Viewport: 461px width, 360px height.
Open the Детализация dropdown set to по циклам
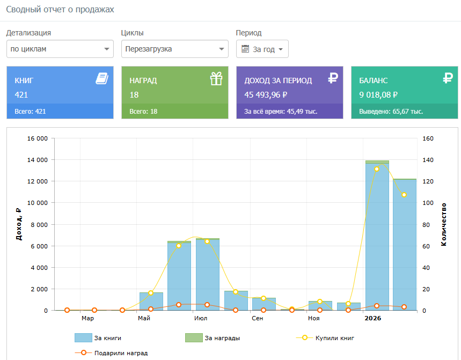[x=60, y=49]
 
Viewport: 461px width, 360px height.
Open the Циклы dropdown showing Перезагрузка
[x=175, y=49]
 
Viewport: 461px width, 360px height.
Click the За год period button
[x=262, y=49]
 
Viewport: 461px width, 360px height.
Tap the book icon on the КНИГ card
[x=102, y=79]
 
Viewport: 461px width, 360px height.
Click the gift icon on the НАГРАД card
[x=216, y=79]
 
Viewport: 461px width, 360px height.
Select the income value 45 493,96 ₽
[x=266, y=95]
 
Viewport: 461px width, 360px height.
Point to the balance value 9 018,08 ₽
[x=378, y=95]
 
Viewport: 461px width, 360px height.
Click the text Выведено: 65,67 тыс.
[x=391, y=112]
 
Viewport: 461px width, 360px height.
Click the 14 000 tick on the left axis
[x=38, y=160]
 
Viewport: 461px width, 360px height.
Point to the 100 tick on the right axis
[x=428, y=203]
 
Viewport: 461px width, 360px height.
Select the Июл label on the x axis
[x=201, y=318]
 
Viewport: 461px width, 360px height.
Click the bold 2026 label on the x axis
[x=373, y=318]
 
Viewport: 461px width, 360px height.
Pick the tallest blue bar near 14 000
[x=377, y=237]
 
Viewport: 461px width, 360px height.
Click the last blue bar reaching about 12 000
[x=405, y=245]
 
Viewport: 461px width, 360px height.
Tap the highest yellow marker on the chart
[x=377, y=169]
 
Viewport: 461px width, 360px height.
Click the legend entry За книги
[x=98, y=338]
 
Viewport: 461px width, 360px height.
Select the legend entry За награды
[x=213, y=338]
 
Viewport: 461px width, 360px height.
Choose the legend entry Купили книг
[x=325, y=338]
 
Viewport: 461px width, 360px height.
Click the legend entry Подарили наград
[x=111, y=353]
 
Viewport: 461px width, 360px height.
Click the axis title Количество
[x=444, y=224]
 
